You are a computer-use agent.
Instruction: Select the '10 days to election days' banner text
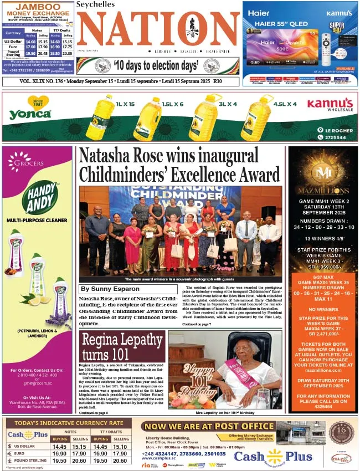pos(156,66)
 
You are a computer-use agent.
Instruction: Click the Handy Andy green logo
pos(40,198)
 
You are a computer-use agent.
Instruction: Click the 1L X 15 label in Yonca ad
pos(125,104)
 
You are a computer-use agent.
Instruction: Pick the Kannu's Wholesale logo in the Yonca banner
pos(330,105)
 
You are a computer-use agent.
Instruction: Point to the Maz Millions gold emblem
pos(322,172)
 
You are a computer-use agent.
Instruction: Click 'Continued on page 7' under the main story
pos(197,324)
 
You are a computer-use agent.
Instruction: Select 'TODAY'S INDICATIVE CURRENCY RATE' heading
pos(69,424)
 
